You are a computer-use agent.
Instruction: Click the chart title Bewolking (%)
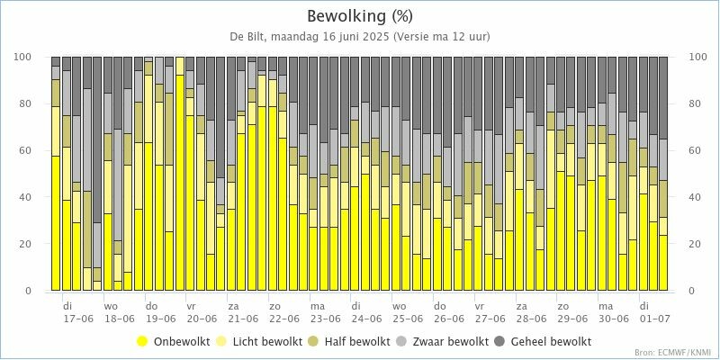360,16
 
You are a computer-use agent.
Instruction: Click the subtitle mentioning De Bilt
360,37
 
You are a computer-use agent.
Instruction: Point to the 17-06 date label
78,319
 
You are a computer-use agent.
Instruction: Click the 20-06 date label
202,319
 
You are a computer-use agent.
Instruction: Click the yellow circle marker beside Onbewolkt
141,342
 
